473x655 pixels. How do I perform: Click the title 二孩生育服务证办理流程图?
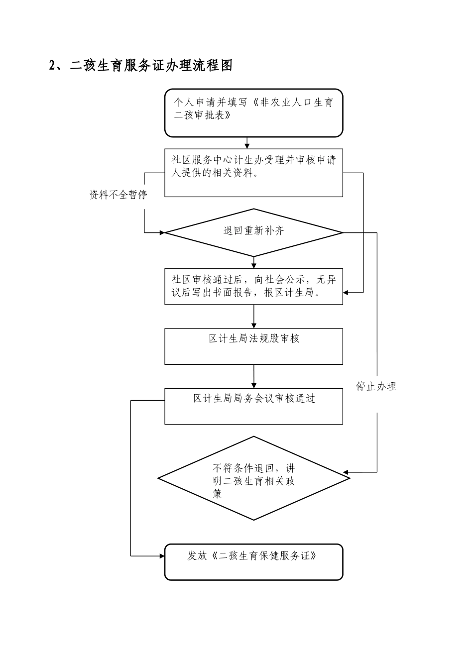tap(151, 66)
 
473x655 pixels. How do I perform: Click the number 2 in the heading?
tap(52, 66)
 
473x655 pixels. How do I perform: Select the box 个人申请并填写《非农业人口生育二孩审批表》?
tap(253, 113)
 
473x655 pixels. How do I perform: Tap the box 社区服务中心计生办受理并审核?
tap(253, 173)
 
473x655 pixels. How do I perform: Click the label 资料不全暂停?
tap(118, 195)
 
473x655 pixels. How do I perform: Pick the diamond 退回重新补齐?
tap(253, 232)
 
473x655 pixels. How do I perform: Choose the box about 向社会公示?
tap(253, 287)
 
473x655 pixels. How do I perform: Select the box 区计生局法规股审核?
tap(253, 346)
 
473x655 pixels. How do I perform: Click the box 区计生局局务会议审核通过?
tap(253, 406)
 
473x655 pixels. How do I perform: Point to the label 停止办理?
tap(376, 387)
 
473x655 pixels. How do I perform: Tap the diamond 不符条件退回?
tap(253, 479)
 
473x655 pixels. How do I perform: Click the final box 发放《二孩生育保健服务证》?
tap(253, 562)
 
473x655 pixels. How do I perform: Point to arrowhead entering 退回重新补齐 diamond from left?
tap(161, 232)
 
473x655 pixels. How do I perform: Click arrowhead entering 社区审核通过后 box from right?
tap(346, 293)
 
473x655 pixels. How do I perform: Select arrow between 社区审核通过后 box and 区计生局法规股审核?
tap(254, 316)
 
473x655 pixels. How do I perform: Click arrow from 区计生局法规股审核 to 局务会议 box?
tap(254, 376)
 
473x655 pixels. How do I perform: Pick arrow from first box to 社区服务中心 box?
tap(247, 143)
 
